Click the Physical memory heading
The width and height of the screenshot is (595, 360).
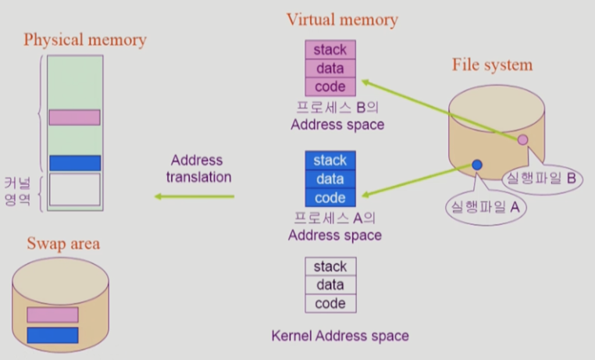[85, 39]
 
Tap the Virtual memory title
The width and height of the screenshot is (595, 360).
[342, 20]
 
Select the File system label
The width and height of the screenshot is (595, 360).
[492, 65]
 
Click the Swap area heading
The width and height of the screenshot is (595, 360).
[63, 244]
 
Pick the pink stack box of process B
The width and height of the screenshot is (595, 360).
[330, 50]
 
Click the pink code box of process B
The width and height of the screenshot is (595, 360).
[330, 87]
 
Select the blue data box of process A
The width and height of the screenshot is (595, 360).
[330, 179]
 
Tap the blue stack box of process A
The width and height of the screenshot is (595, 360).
[330, 160]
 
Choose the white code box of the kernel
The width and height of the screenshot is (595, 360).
[330, 304]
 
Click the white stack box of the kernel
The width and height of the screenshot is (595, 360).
[330, 267]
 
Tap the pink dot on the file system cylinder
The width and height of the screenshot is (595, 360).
[522, 140]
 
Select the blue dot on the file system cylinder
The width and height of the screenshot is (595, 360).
[476, 165]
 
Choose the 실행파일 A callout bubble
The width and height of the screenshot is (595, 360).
[483, 207]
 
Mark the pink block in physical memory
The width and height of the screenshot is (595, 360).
[74, 117]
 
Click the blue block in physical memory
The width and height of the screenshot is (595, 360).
[74, 162]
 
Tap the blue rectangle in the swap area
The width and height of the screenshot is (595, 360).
[52, 335]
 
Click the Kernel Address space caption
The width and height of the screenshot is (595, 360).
[340, 337]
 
